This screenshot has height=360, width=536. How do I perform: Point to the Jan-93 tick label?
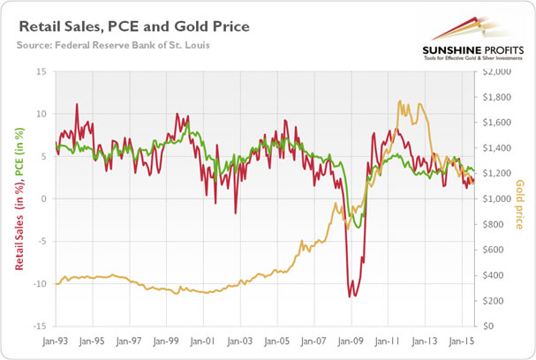click(56, 340)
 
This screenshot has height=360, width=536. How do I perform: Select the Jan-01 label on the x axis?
click(204, 340)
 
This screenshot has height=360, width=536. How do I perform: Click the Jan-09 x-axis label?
click(352, 340)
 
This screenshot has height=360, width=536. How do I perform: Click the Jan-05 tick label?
click(278, 340)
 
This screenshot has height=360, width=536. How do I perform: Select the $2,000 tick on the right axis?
click(493, 71)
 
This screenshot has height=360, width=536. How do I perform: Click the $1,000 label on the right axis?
click(493, 199)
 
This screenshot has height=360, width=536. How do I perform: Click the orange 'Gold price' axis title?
click(519, 199)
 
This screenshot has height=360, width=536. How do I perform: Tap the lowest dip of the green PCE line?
click(357, 228)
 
